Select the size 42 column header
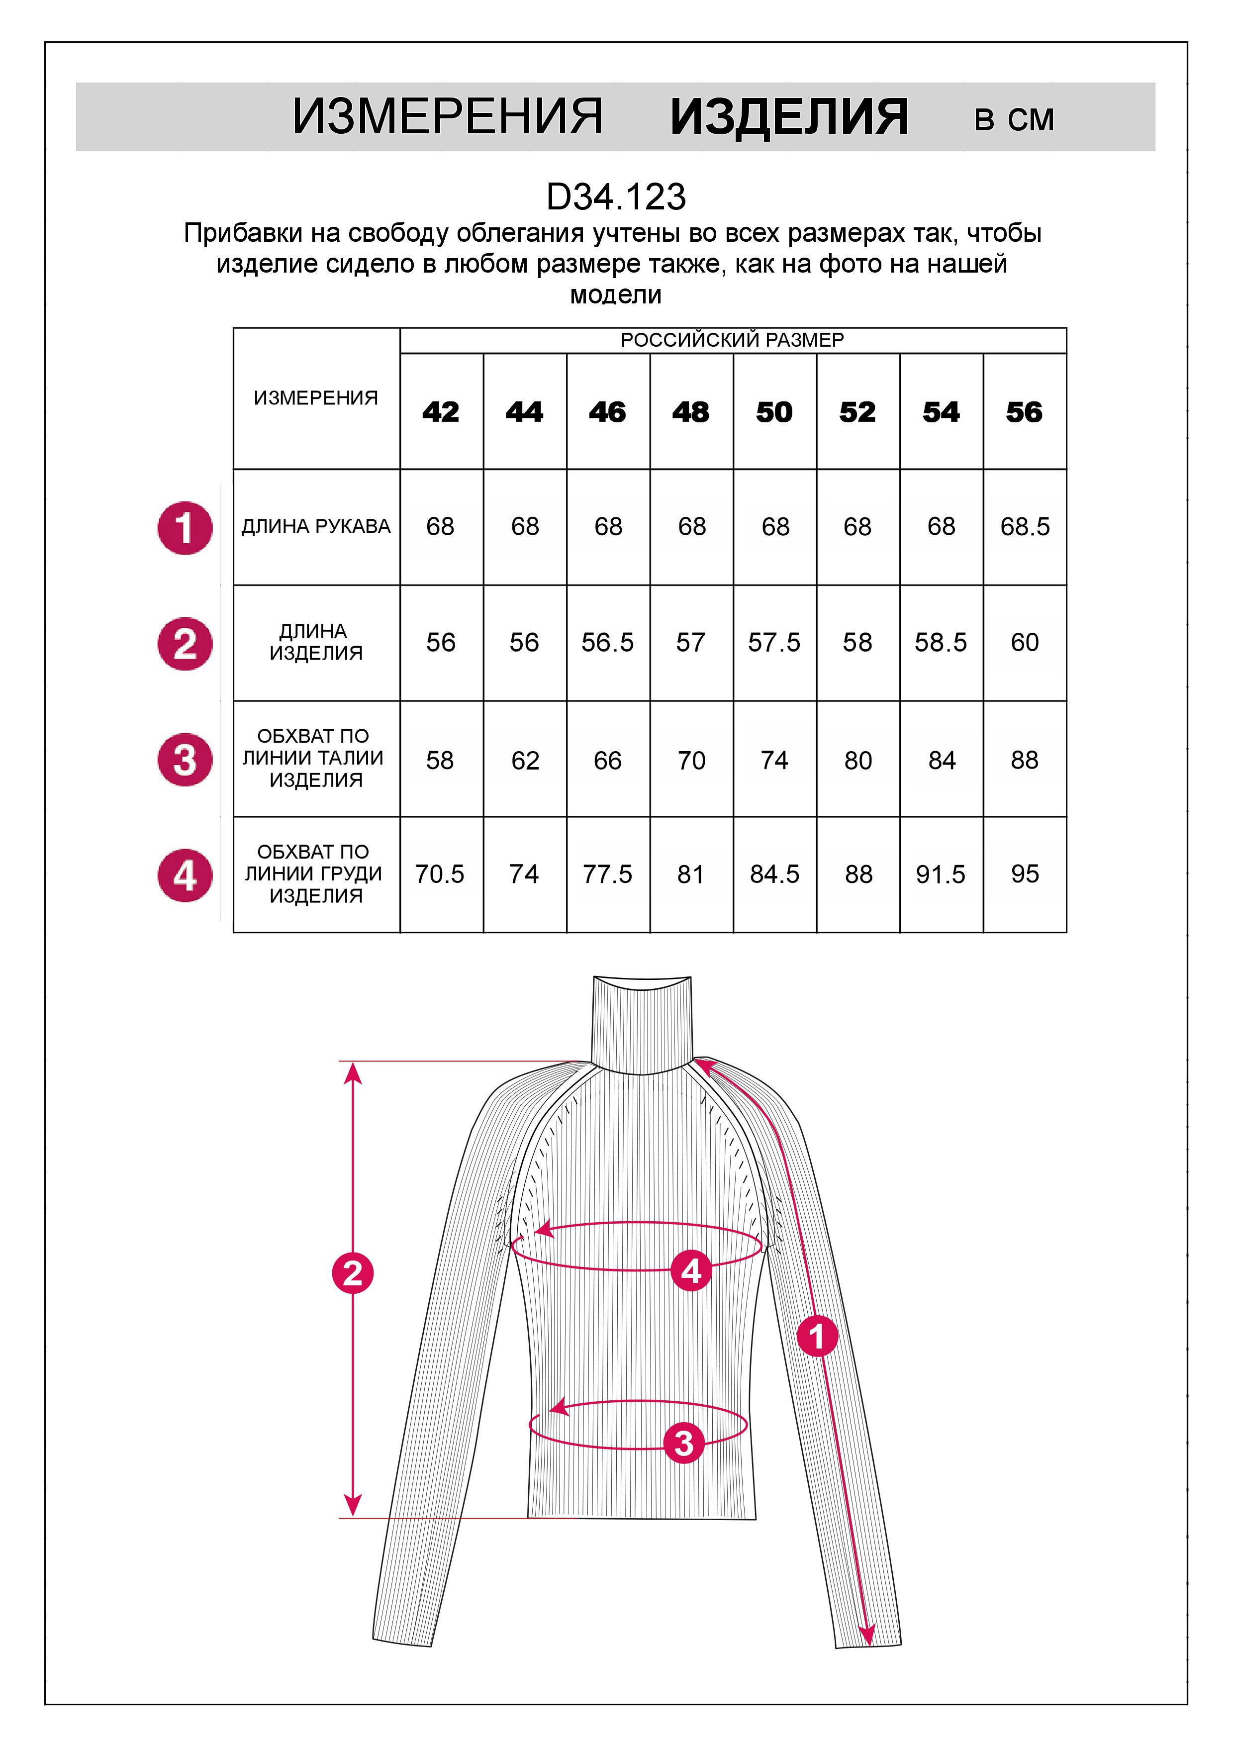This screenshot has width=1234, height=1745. pos(441,412)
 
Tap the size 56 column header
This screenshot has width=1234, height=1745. pos(1024,412)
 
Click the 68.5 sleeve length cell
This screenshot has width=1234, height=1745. pos(1024,527)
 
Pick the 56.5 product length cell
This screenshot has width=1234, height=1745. pos(607,643)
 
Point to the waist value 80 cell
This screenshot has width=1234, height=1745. pos(858,760)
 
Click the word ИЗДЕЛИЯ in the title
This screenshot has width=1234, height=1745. pos(789,118)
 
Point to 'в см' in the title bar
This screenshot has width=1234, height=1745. pos(1014,120)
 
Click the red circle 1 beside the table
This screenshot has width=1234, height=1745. pos(185,528)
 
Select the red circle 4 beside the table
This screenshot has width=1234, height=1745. pos(185,875)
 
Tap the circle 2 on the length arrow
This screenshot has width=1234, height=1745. pos(353,1273)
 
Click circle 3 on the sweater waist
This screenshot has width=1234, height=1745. pos(684,1443)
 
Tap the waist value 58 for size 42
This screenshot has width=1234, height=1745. pos(440,760)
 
